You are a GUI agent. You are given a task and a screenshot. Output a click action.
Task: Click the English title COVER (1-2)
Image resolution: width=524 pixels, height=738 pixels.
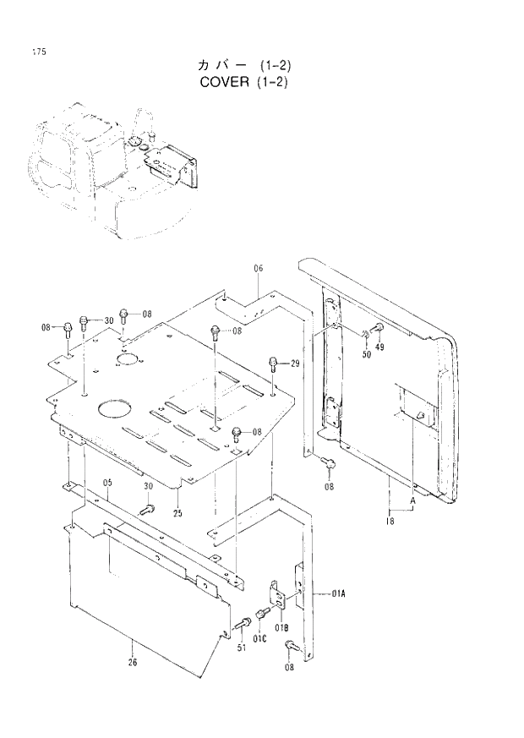pyautogui.click(x=245, y=82)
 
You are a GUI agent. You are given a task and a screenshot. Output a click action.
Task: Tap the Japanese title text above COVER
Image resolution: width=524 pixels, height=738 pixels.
pyautogui.click(x=244, y=64)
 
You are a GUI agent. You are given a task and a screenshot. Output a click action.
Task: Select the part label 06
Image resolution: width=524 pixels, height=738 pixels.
pyautogui.click(x=259, y=268)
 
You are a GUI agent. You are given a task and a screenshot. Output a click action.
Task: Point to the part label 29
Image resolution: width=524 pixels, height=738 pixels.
pyautogui.click(x=296, y=364)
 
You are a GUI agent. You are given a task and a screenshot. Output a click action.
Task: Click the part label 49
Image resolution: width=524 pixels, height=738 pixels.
pyautogui.click(x=379, y=346)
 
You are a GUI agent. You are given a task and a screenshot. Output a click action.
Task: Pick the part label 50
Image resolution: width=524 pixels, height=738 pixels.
pyautogui.click(x=367, y=355)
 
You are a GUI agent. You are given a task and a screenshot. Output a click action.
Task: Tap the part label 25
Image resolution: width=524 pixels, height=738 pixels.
pyautogui.click(x=178, y=513)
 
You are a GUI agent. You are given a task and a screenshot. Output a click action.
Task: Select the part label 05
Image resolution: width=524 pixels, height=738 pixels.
pyautogui.click(x=107, y=483)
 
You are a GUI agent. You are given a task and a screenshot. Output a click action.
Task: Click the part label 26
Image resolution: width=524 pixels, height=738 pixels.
pyautogui.click(x=133, y=662)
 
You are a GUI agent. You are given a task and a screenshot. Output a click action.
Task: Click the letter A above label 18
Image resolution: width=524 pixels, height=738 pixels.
pyautogui.click(x=412, y=501)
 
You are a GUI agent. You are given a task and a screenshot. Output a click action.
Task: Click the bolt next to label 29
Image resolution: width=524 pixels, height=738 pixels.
pyautogui.click(x=273, y=364)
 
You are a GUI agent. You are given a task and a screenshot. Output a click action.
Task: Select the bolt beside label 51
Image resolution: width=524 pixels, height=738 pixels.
pyautogui.click(x=242, y=624)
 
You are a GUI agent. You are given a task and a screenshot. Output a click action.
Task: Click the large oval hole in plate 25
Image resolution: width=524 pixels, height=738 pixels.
pyautogui.click(x=113, y=408)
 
